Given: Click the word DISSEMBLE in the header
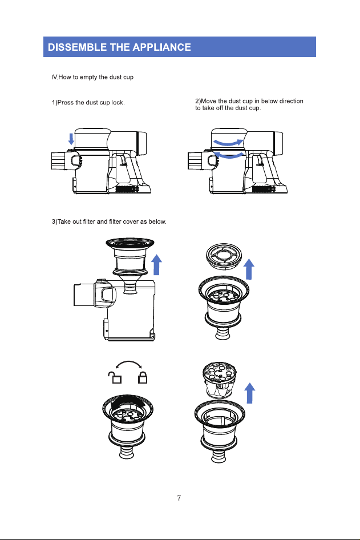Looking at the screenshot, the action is [x=77, y=47].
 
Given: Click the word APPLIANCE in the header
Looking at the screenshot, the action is [x=161, y=47].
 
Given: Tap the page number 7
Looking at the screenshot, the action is [x=179, y=498].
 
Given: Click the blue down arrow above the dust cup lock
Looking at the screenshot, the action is [x=71, y=139].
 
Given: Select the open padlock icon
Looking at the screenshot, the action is [x=115, y=377].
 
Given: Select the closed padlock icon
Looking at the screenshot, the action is [x=143, y=377].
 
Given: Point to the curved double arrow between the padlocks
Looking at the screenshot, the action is [x=129, y=362].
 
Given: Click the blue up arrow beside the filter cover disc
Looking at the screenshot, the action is [x=249, y=269].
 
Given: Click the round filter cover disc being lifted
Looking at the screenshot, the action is [x=224, y=256].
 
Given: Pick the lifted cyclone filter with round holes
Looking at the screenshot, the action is [x=220, y=380].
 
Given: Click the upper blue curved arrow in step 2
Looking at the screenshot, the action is [x=228, y=142].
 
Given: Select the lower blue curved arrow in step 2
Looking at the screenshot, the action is [x=228, y=155].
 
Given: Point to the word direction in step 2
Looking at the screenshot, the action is [x=291, y=101].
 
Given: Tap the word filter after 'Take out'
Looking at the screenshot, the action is [x=89, y=221].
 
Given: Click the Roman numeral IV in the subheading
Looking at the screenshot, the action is [x=54, y=77].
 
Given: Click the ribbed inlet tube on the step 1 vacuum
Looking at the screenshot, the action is [x=58, y=160].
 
